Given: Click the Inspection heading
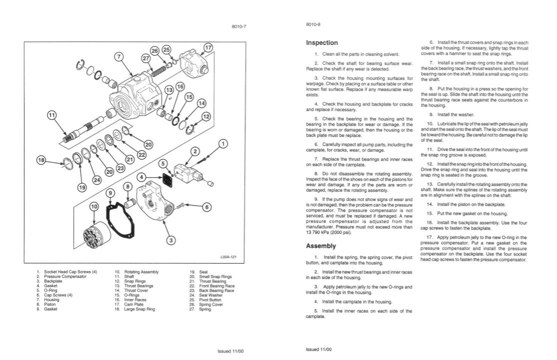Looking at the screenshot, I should [x=321, y=43].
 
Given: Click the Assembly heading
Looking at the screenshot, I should [x=320, y=246].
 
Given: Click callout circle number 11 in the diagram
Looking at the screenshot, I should [x=52, y=115].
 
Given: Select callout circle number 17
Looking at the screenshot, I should [x=208, y=48].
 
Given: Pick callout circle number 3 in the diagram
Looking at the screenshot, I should [x=171, y=240].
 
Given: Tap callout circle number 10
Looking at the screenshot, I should [x=94, y=205].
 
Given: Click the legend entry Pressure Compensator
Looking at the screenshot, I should [x=65, y=276].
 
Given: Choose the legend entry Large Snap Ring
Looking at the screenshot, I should [x=139, y=309].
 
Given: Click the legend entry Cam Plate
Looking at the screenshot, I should [x=133, y=304].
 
